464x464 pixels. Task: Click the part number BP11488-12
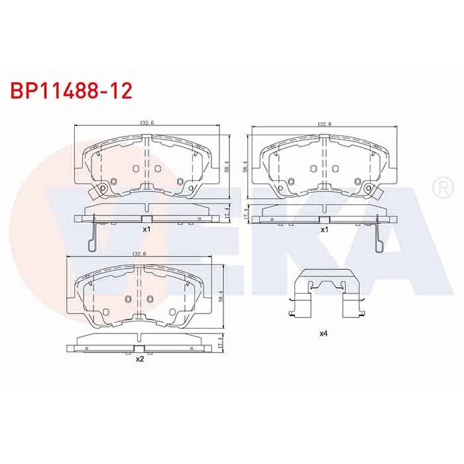point(72,91)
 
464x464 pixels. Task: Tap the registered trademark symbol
point(443,188)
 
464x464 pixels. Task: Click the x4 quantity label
point(323,333)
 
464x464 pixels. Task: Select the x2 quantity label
point(139,359)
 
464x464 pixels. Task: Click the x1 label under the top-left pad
point(146,229)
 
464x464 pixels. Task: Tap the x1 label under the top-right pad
point(325,229)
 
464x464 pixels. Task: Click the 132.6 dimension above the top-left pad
point(147,123)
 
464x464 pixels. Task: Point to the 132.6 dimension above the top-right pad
point(324,125)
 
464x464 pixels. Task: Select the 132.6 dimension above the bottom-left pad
point(139,254)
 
